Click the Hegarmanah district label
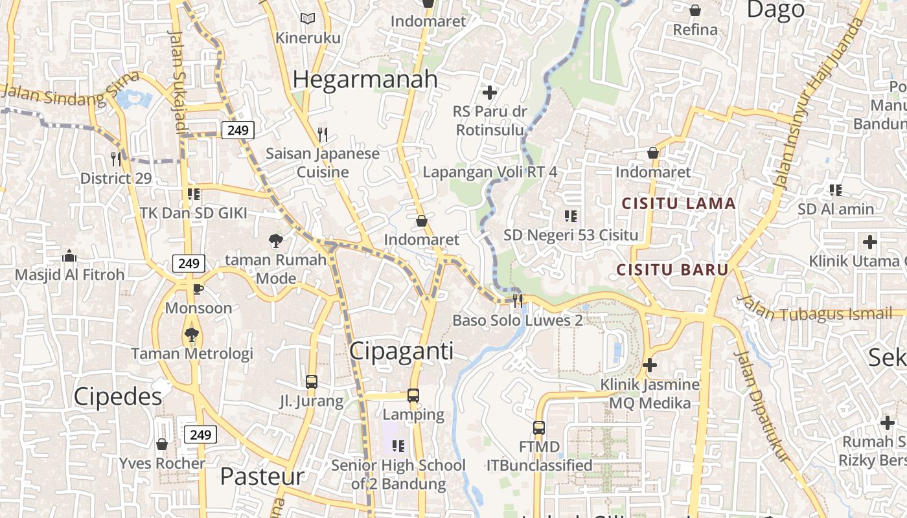coord(365,80)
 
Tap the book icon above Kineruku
coord(308,19)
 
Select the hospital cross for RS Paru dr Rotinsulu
coord(490,93)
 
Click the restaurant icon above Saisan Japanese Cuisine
coord(323,135)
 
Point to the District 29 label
coord(115,178)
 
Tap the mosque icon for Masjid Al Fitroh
coord(69,256)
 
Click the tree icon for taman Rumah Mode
coord(276,241)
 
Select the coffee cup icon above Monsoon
coord(198,289)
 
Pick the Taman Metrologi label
coord(192,354)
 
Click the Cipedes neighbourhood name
coord(117,396)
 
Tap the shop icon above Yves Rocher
coord(162,444)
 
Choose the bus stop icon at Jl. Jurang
coord(312,382)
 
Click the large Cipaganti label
coord(401,351)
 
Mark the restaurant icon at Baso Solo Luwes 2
coord(518,300)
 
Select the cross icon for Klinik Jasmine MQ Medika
coord(650,365)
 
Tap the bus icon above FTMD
coord(539,427)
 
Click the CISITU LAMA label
coord(678,204)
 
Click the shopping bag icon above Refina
coord(695,10)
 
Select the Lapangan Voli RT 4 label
coord(490,172)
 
